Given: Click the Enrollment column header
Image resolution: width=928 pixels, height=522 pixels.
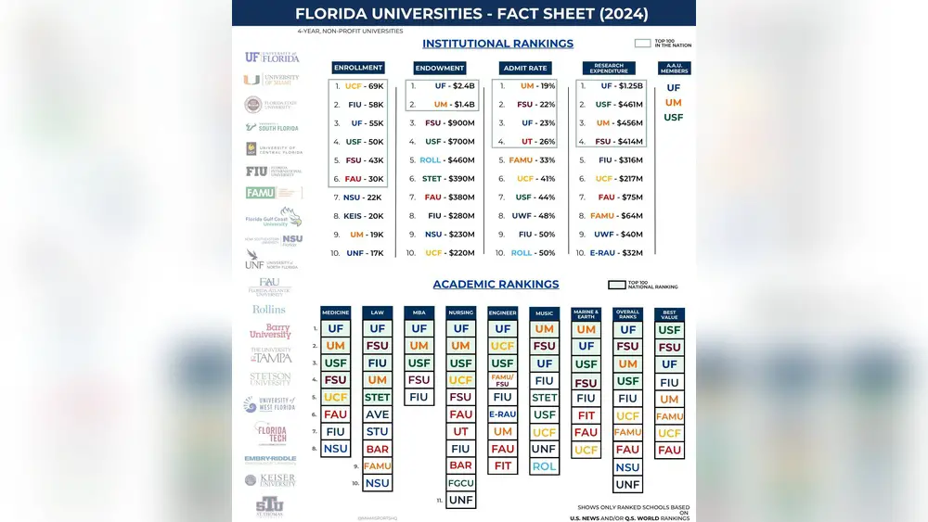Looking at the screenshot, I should [358, 68].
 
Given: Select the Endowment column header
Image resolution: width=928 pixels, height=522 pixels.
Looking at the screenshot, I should [440, 68].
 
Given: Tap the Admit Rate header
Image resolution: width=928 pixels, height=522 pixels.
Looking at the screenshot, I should [524, 68].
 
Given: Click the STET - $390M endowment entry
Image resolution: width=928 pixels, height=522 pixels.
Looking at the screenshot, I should [444, 179].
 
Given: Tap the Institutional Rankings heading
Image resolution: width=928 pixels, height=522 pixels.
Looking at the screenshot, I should [497, 44].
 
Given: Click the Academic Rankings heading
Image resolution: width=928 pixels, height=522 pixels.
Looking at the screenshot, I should [496, 285].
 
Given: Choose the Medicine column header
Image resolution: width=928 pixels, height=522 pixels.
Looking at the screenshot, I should [335, 313].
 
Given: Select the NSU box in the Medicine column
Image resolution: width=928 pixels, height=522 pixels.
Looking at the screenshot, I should [335, 449].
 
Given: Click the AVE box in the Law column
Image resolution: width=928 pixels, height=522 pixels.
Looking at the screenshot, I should [377, 414].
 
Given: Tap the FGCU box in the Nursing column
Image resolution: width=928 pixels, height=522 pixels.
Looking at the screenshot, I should [460, 483].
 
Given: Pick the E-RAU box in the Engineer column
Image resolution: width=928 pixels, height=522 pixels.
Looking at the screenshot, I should [502, 414].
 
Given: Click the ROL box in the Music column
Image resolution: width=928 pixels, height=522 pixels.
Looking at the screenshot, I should [544, 466].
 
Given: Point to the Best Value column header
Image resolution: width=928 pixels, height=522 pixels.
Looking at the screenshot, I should [669, 314].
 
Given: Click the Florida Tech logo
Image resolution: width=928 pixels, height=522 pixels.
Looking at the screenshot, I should [270, 432].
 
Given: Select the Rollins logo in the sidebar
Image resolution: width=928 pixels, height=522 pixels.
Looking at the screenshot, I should [269, 309].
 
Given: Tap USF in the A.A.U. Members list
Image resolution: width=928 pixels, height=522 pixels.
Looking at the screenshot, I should [673, 118].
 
